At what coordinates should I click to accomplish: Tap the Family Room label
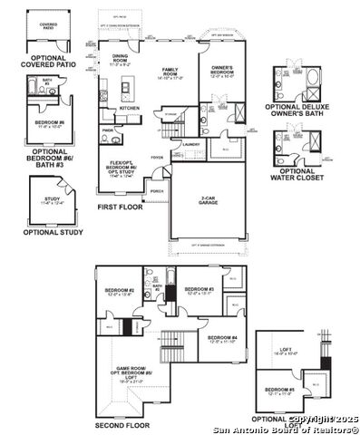coord(168,73)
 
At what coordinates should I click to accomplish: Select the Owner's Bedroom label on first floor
coord(223,72)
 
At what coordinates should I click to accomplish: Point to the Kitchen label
coord(130,108)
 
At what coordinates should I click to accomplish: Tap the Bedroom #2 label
coord(122,292)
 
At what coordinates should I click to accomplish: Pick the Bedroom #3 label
coord(199,292)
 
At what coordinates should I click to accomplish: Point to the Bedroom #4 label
coord(222,340)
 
